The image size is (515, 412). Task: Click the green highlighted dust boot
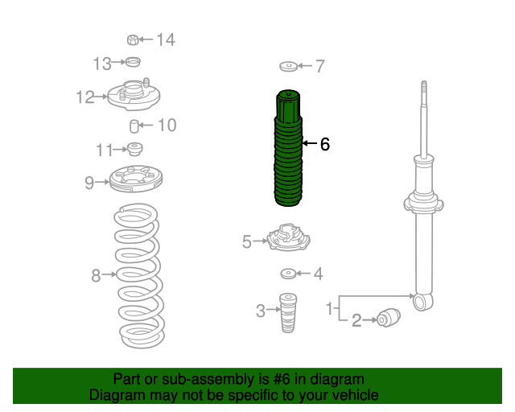point(288,148)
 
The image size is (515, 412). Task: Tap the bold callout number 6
point(325,144)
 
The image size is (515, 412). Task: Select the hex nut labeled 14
point(133,39)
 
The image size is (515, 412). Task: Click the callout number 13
point(102,64)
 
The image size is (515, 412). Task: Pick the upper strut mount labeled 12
point(134,95)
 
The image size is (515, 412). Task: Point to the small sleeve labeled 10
point(134,126)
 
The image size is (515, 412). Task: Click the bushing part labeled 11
point(134,149)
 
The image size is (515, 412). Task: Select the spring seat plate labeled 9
point(136,179)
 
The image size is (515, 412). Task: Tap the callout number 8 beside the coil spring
point(96,275)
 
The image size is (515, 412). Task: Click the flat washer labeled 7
point(289,66)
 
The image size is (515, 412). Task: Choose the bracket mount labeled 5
point(289,237)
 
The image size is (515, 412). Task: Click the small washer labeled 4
point(288,274)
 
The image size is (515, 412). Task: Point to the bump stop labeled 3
point(288,313)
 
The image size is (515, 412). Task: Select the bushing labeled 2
point(389,318)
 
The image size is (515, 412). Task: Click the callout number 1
point(330,309)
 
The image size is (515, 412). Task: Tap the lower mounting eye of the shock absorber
point(422,302)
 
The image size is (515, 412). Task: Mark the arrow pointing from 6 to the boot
point(309,143)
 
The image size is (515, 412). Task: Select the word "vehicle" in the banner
point(358,395)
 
